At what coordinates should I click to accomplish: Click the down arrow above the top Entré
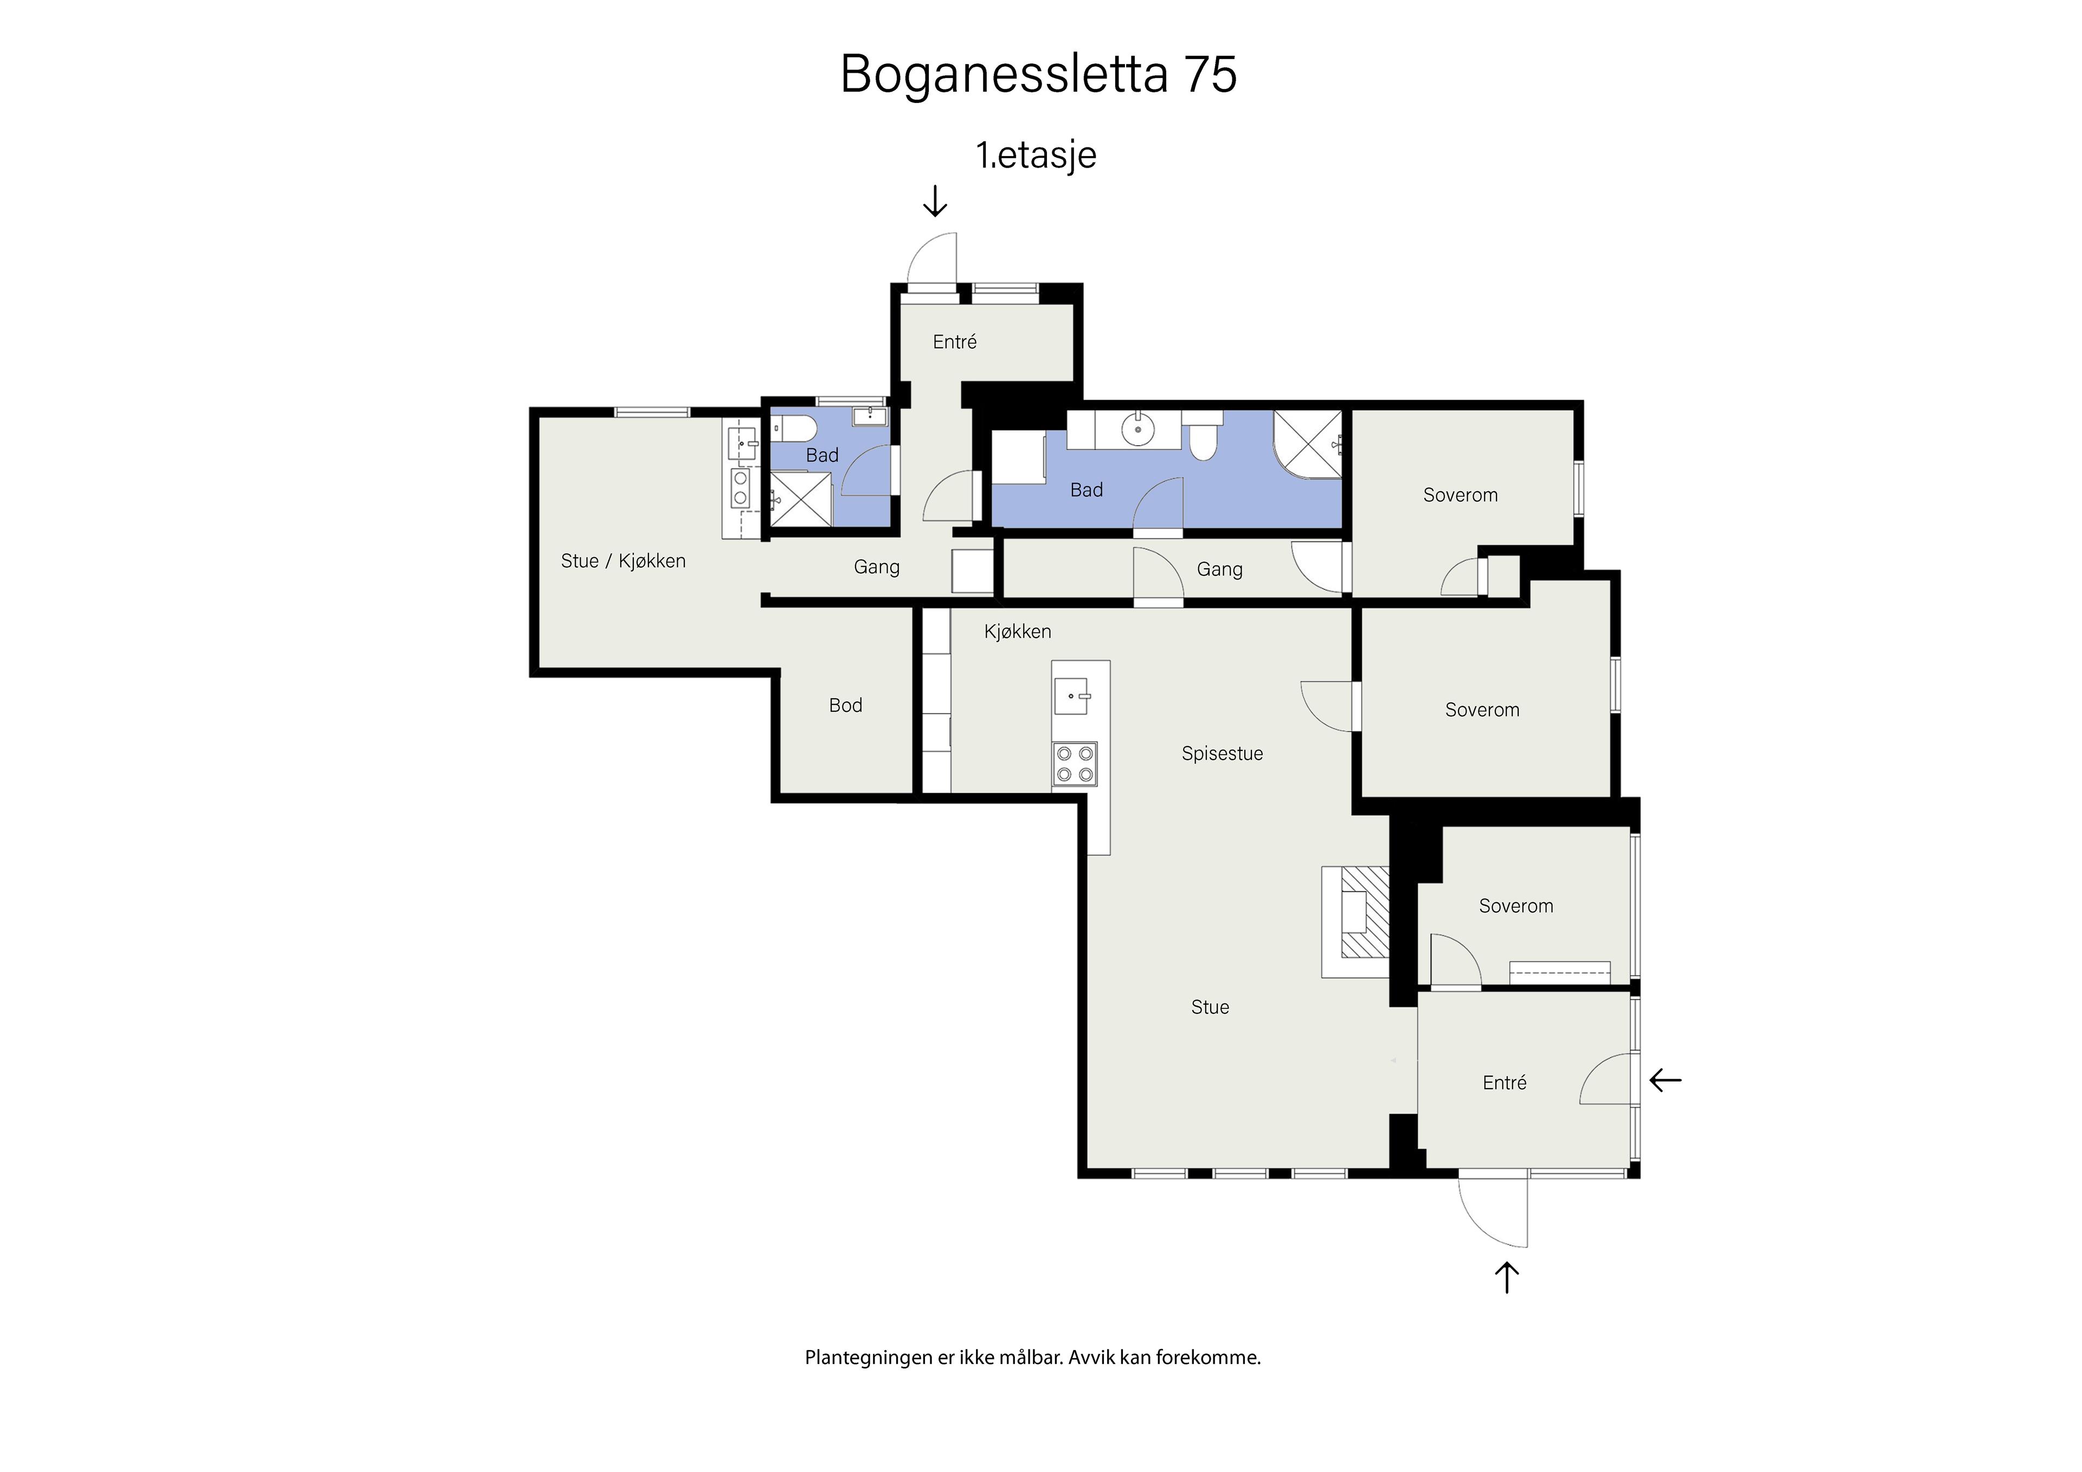pos(935,201)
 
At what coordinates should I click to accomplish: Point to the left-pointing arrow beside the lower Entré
pos(1666,1080)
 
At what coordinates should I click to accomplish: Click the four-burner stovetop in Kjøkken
pos(1075,764)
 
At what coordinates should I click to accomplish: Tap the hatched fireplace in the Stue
pos(1365,912)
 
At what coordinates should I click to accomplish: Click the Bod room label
pos(845,705)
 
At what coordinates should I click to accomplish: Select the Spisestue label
pos(1222,754)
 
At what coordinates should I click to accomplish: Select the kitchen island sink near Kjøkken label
pos(1071,697)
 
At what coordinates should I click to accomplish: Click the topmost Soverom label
pos(1460,495)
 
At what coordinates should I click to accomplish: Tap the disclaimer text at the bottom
pos(1033,1358)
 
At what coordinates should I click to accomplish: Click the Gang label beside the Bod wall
pos(876,568)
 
